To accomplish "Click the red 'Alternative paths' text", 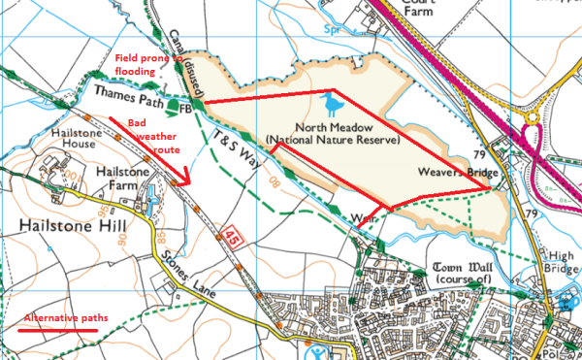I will click(66, 318).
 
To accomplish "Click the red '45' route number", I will click(230, 236).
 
